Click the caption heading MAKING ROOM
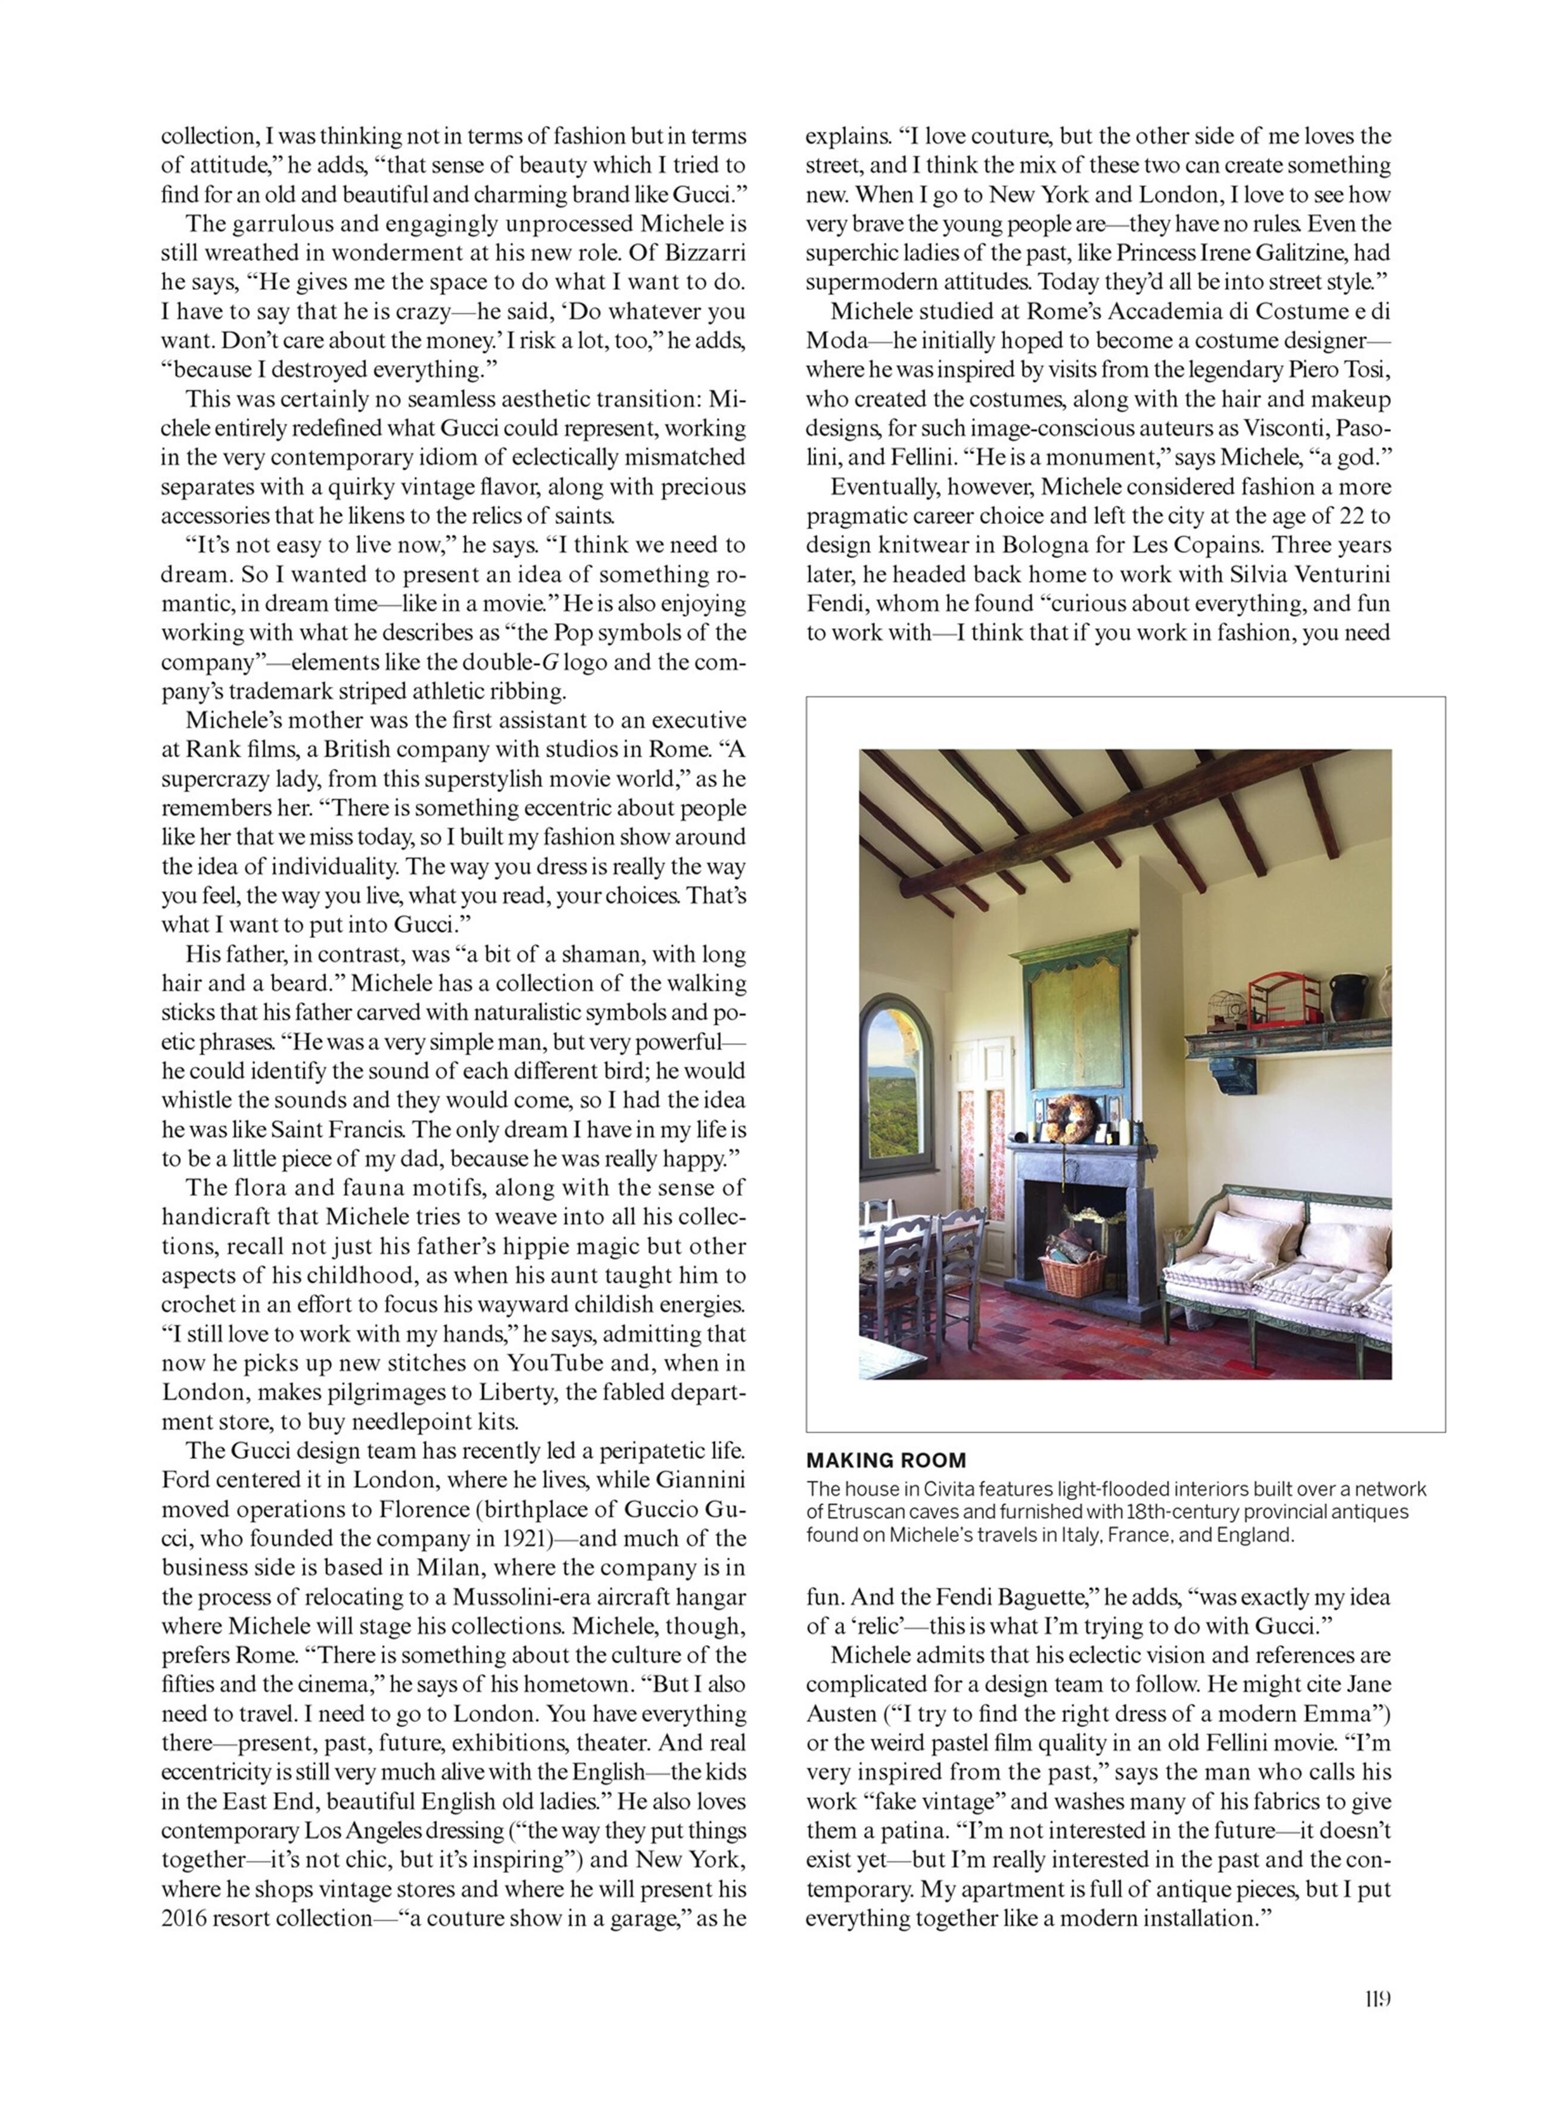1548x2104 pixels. (x=886, y=1459)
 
